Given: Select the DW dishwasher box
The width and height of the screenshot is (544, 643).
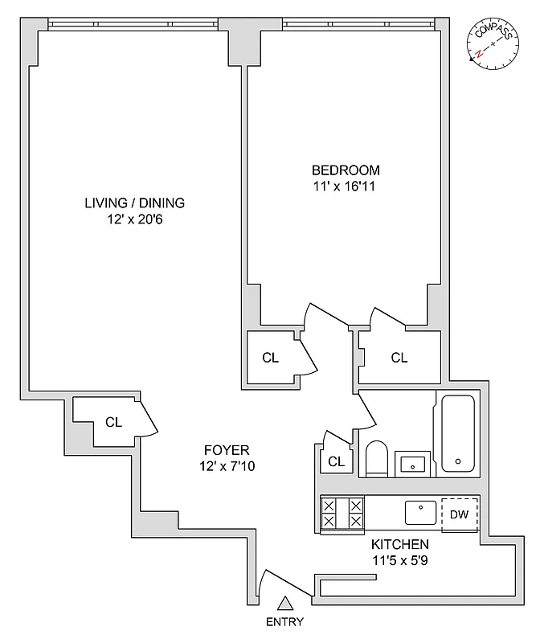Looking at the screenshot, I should tap(459, 514).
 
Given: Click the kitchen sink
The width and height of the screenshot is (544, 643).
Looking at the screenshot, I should tap(420, 513).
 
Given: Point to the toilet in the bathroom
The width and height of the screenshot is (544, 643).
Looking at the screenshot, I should tap(377, 459).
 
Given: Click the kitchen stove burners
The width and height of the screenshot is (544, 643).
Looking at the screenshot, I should tap(342, 514).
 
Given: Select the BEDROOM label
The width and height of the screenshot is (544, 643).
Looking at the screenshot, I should tap(346, 170).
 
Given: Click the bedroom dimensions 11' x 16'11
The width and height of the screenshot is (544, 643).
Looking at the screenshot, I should tap(346, 186).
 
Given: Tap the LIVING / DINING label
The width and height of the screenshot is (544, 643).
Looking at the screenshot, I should tap(135, 203).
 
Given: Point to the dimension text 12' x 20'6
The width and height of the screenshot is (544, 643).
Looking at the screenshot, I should tap(135, 219).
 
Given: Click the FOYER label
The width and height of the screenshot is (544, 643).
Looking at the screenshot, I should tap(226, 450).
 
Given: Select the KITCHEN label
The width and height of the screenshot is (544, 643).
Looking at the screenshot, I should tap(399, 544).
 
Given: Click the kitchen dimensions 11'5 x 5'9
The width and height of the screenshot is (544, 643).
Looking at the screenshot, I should tap(399, 560).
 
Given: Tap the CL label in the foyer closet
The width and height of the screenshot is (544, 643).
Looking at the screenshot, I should tap(114, 421).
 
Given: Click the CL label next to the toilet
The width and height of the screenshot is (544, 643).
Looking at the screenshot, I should tap(337, 461).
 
